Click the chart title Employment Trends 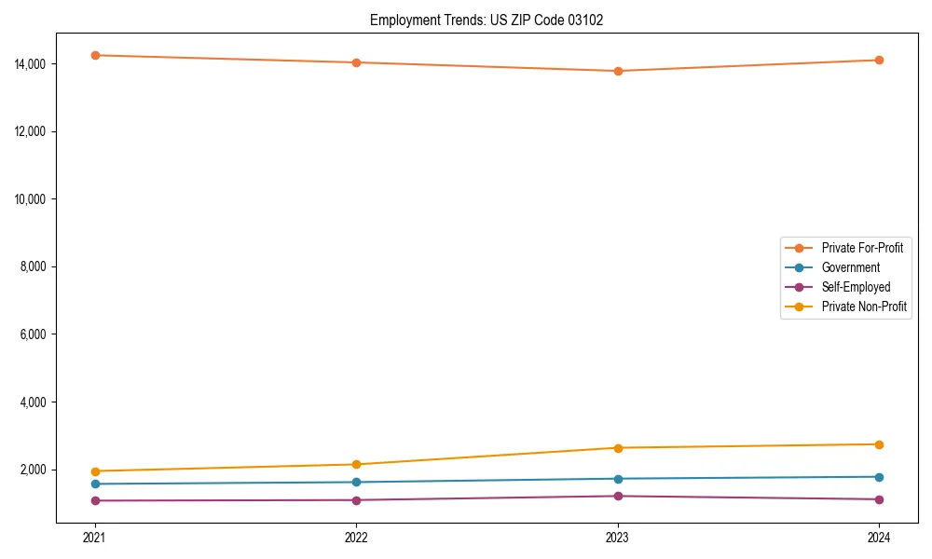(487, 20)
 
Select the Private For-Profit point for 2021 (95, 55)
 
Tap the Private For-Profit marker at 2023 (618, 71)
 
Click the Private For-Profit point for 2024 (879, 60)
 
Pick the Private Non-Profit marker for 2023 (618, 448)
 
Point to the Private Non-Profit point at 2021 (95, 471)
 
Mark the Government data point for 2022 (356, 482)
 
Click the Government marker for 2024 (879, 477)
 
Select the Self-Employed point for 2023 (618, 496)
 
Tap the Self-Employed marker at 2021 (95, 501)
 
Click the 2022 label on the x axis (356, 537)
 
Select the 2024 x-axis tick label (879, 537)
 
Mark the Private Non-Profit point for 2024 (879, 444)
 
